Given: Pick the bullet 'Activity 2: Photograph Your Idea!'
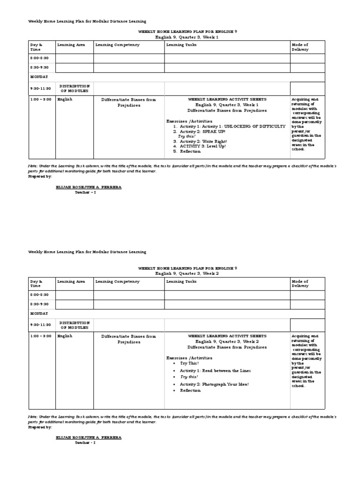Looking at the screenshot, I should click(214, 384).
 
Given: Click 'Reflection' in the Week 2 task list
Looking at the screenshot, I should click(190, 390).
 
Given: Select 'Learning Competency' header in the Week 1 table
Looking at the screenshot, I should click(117, 45).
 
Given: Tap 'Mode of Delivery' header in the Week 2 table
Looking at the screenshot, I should click(300, 284).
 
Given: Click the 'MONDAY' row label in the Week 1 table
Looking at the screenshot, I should click(39, 76).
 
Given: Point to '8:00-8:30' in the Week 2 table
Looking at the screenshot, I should click(40, 294).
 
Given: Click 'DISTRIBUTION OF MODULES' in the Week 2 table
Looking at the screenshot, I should click(74, 325).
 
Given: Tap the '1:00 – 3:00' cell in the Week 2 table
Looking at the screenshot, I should click(41, 336).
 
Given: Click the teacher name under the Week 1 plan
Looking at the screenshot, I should click(88, 187).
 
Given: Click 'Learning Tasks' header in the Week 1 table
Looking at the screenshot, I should click(181, 45).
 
